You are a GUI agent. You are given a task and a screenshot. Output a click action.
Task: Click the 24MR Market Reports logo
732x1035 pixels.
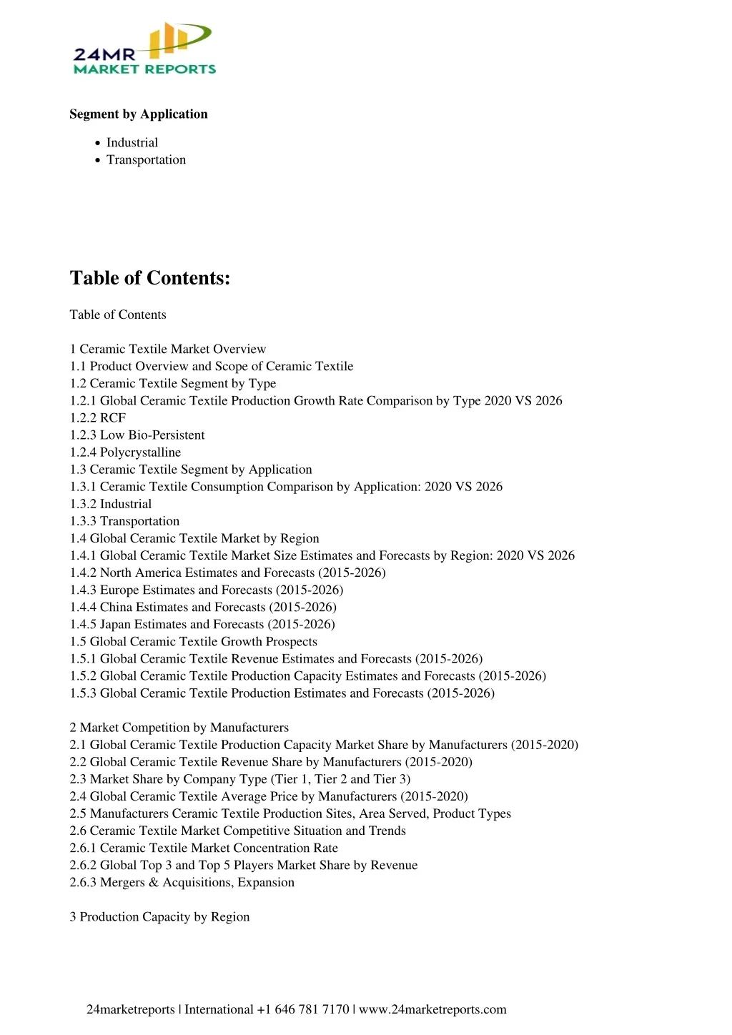point(144,49)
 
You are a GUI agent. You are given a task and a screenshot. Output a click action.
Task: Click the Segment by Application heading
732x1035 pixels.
point(139,114)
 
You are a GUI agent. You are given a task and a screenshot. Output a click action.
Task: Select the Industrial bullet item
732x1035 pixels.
point(132,143)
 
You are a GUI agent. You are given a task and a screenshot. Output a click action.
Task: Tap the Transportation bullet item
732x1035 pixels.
point(146,160)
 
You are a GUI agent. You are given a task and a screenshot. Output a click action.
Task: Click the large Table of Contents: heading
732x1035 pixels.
point(150,278)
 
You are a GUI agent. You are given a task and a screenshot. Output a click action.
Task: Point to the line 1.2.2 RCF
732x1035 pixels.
point(98,418)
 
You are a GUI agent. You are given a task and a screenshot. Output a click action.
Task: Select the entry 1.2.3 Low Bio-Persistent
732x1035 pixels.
point(137,435)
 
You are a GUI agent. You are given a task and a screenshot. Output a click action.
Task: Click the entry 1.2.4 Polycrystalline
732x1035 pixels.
point(125,452)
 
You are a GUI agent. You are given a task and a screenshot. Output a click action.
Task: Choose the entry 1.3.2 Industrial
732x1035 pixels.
point(111,504)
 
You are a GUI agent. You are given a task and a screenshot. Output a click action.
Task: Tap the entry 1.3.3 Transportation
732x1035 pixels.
point(124,521)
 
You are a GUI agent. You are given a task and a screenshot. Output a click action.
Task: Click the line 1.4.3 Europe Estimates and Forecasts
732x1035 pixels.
point(207,590)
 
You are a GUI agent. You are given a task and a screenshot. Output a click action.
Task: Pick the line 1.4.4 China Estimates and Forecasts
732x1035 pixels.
point(203,608)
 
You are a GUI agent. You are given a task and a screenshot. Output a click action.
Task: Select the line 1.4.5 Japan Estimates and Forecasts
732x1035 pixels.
point(202,625)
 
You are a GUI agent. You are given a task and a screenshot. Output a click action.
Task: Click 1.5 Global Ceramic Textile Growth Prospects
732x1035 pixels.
point(194,642)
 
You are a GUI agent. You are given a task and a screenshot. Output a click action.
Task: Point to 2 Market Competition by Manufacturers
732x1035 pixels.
point(179,728)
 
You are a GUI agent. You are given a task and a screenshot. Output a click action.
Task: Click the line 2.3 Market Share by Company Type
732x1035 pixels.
point(240,779)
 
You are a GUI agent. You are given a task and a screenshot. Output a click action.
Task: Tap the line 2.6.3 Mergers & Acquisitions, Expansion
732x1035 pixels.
point(182,883)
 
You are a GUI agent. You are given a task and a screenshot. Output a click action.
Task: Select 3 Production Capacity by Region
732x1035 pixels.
point(159,917)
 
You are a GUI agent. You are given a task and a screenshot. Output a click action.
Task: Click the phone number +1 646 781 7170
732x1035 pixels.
point(303,1010)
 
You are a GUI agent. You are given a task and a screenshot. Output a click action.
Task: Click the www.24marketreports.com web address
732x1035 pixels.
point(432,1010)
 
